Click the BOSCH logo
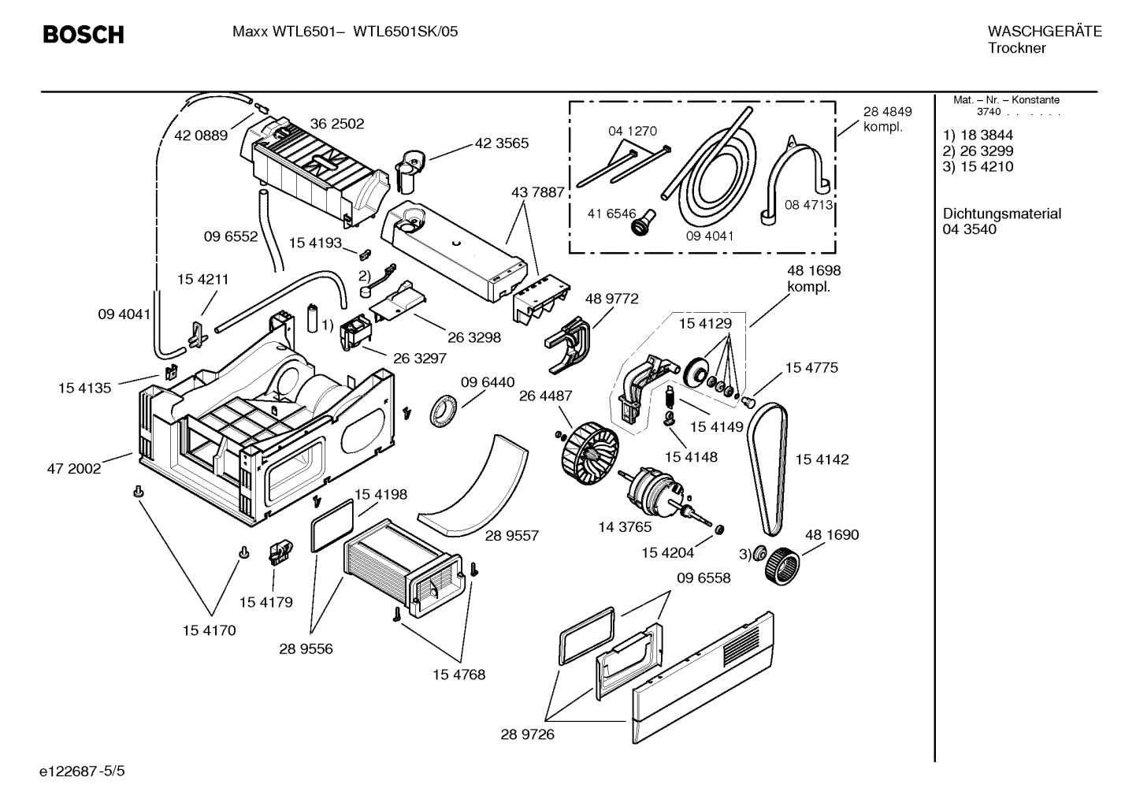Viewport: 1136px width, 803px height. (x=83, y=35)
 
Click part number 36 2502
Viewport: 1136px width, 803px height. (x=336, y=124)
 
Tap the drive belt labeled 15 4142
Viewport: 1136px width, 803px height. (x=767, y=465)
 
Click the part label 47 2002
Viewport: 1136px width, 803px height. (x=74, y=468)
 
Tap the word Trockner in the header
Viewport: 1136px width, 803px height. (x=1016, y=48)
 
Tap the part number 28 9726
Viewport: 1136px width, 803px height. (x=527, y=734)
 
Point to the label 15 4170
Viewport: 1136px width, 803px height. (x=209, y=630)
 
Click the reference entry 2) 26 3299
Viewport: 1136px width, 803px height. (x=978, y=151)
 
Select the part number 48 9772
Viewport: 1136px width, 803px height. (x=611, y=299)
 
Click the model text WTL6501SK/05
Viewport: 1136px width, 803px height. (x=405, y=32)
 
